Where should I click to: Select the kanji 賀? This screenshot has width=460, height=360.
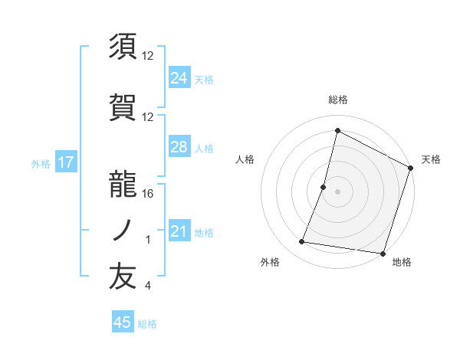[x=123, y=105]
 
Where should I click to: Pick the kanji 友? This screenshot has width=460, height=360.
[x=123, y=277]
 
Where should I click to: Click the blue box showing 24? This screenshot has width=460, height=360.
[x=179, y=77]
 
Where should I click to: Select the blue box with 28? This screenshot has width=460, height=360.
[x=179, y=147]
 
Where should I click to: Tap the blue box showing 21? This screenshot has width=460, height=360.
[x=179, y=232]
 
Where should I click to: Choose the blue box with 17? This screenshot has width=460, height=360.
[x=65, y=162]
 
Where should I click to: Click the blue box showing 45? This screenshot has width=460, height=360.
[x=123, y=322]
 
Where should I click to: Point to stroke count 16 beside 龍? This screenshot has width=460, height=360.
[x=148, y=194]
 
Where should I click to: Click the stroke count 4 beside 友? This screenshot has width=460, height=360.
[x=147, y=286]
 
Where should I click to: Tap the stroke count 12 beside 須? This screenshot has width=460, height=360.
[x=148, y=55]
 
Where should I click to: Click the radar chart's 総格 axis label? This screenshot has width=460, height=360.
[x=337, y=100]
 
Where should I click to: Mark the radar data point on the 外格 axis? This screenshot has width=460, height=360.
[x=302, y=242]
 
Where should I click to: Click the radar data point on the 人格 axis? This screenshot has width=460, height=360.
[x=324, y=187]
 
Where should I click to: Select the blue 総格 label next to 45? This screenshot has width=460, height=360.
[x=147, y=324]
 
